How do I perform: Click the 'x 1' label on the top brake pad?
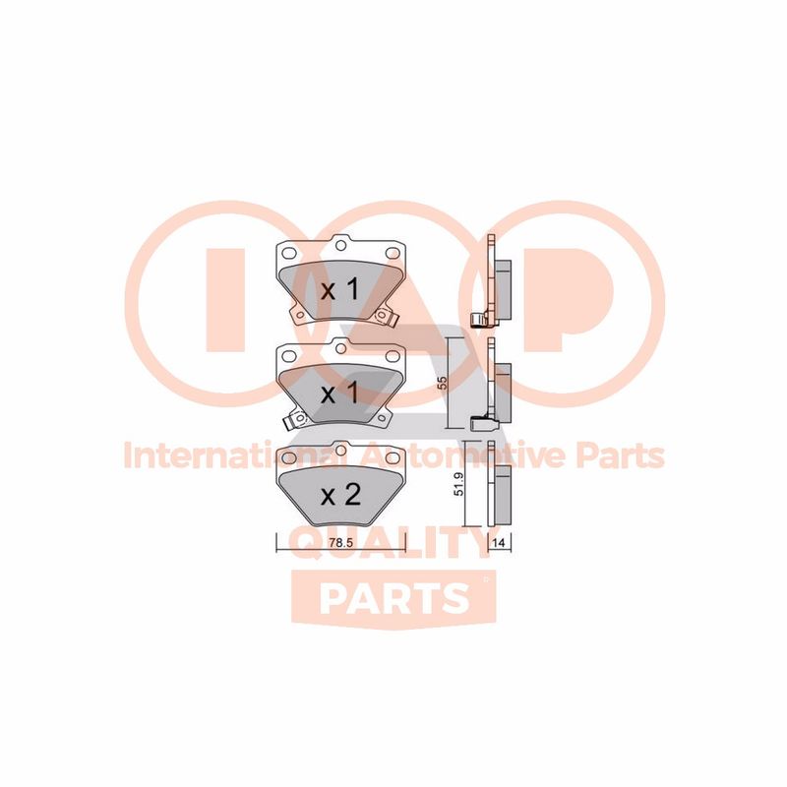coord(340,290)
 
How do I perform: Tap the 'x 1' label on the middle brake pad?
coord(340,393)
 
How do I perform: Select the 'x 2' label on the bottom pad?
coord(340,495)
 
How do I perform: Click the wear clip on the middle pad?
coord(291,421)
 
